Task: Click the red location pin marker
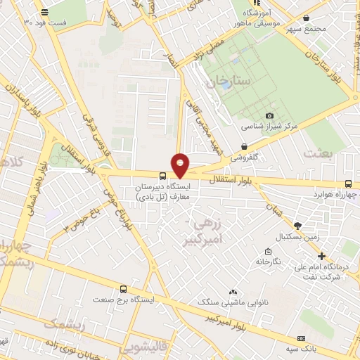(181, 164)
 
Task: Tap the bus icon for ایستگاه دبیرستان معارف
(163, 176)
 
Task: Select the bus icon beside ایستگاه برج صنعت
(124, 289)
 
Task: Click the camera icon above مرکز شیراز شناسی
(269, 115)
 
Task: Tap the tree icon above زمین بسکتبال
(298, 226)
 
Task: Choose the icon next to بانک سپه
(302, 337)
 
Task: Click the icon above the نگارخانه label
(268, 252)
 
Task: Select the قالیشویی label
(141, 347)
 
